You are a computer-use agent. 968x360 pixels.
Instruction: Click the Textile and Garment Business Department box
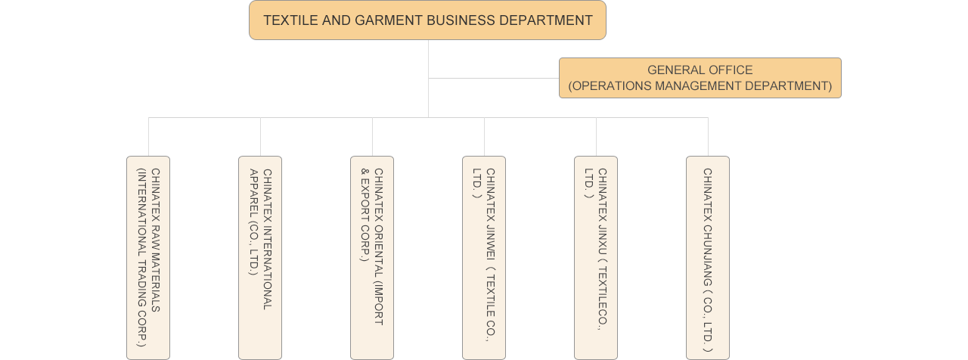click(x=427, y=20)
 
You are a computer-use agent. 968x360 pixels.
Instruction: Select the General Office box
click(x=700, y=78)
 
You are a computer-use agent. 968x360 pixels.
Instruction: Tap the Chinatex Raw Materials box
click(x=148, y=257)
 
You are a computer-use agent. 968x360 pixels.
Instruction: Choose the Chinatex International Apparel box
click(x=260, y=257)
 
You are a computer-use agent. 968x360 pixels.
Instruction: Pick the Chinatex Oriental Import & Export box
click(x=372, y=257)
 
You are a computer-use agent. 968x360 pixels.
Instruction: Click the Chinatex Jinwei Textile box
click(x=484, y=257)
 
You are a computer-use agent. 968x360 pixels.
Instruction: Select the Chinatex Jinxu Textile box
click(x=596, y=257)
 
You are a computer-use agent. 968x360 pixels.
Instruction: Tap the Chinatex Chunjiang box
click(x=708, y=257)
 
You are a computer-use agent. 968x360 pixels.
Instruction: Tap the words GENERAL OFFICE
click(x=700, y=70)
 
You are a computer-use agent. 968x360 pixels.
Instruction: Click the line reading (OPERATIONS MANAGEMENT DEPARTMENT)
click(x=700, y=86)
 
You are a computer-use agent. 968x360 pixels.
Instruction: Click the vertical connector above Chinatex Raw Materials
click(x=148, y=137)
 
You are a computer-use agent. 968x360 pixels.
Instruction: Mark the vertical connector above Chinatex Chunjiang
click(x=708, y=137)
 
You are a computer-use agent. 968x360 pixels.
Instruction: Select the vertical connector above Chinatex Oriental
click(x=372, y=137)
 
